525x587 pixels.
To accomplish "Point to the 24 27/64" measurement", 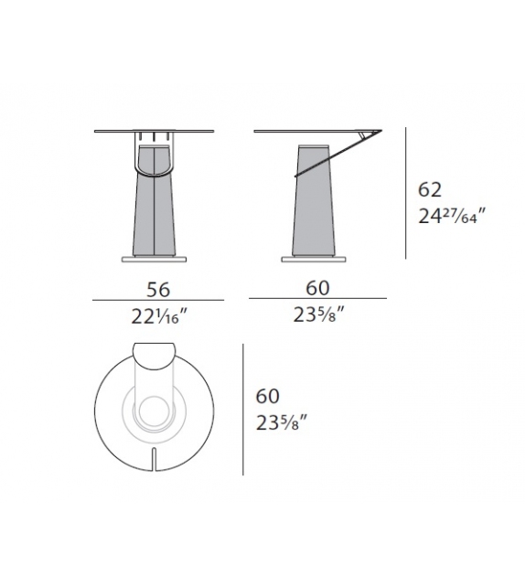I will [448, 219].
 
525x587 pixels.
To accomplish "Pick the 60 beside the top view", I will [267, 397].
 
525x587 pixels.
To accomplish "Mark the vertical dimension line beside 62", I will [406, 194].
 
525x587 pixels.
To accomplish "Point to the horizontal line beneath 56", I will [159, 301].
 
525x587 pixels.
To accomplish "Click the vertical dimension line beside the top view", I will [242, 410].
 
